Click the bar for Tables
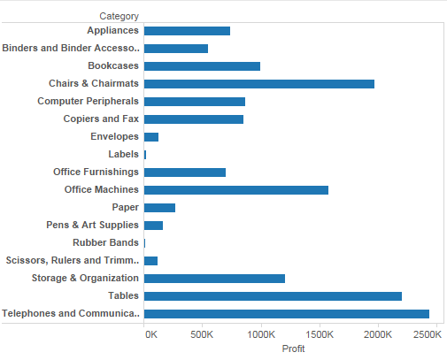pyautogui.click(x=273, y=295)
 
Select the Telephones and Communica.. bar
pyautogui.click(x=286, y=313)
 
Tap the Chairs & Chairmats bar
pyautogui.click(x=258, y=83)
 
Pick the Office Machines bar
pyautogui.click(x=235, y=189)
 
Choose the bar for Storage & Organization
pyautogui.click(x=214, y=278)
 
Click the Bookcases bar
pyautogui.click(x=202, y=65)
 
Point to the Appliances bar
pyautogui.click(x=187, y=31)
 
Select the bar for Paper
pyautogui.click(x=159, y=207)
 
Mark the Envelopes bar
pyautogui.click(x=150, y=136)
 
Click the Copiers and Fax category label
pyautogui.click(x=101, y=119)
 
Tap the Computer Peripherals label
pyautogui.click(x=88, y=101)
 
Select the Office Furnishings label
pyautogui.click(x=96, y=172)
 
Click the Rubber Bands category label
pyautogui.click(x=105, y=242)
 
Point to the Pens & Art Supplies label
pyautogui.click(x=92, y=225)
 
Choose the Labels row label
pyautogui.click(x=123, y=154)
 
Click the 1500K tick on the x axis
pyautogui.click(x=320, y=334)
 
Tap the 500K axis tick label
pyautogui.click(x=203, y=334)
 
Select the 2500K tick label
pyautogui.click(x=427, y=334)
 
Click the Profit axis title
pyautogui.click(x=293, y=349)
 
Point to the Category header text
pyautogui.click(x=119, y=16)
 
